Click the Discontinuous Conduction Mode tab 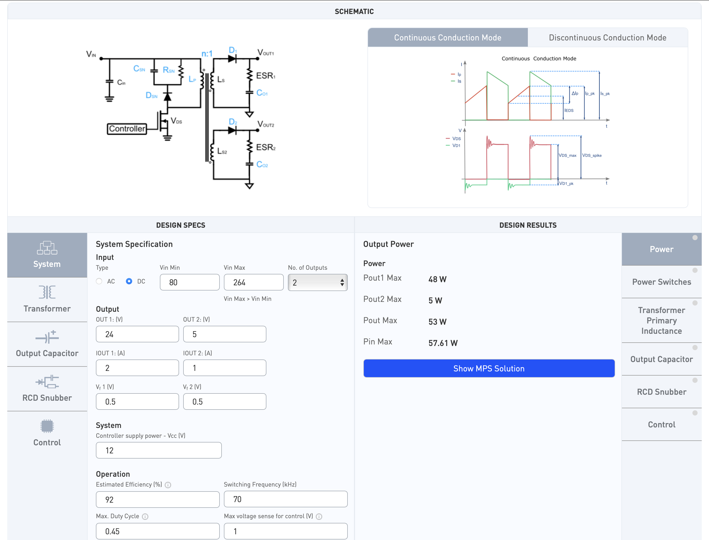click(607, 38)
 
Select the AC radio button click(99, 281)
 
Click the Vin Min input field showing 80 click(190, 282)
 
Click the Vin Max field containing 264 click(254, 282)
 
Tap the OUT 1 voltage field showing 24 click(137, 334)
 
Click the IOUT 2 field click(225, 368)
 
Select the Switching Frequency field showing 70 click(286, 499)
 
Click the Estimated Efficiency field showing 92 click(158, 500)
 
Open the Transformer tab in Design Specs click(47, 300)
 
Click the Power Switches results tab click(662, 282)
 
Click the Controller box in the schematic click(127, 129)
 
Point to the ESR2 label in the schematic click(266, 148)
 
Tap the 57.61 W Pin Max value click(443, 343)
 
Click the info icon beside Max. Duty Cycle click(145, 517)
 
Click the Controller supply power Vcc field click(159, 450)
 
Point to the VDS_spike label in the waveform click(592, 156)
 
